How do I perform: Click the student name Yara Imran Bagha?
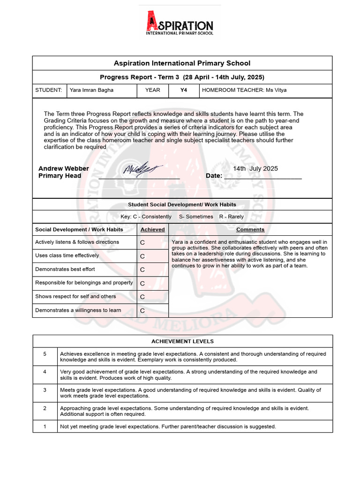tap(91, 90)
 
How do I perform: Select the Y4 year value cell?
tap(184, 90)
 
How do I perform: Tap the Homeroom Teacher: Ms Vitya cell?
tap(244, 90)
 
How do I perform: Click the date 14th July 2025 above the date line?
tap(255, 169)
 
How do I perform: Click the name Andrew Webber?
tap(64, 169)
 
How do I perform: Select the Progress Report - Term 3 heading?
tap(182, 77)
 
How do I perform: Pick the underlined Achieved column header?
tap(152, 230)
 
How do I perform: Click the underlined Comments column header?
tap(250, 230)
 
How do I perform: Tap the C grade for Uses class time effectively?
tap(142, 256)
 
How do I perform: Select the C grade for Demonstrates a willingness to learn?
tap(142, 311)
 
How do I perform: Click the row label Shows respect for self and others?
tap(75, 296)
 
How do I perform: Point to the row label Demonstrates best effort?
tap(65, 269)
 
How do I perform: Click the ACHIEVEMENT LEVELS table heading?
tap(182, 341)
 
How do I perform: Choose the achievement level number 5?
tap(45, 354)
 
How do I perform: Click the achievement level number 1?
tap(45, 427)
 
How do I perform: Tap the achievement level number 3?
tap(45, 390)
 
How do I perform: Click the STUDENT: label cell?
tap(49, 90)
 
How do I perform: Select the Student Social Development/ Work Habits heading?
tap(182, 205)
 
